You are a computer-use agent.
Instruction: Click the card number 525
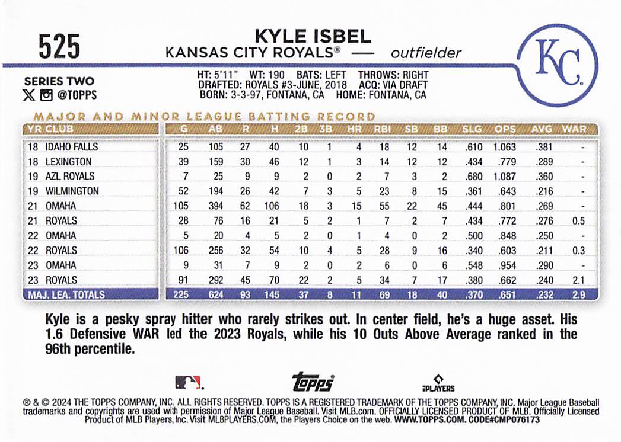click(x=59, y=46)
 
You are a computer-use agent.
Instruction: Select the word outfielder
click(x=426, y=53)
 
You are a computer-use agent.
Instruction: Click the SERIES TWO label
click(x=59, y=82)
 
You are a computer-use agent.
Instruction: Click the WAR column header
click(x=574, y=129)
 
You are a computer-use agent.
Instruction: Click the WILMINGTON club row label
click(x=72, y=191)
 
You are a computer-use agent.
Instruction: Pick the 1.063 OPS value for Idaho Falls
click(x=504, y=147)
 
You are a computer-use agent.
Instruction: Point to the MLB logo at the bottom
click(x=188, y=382)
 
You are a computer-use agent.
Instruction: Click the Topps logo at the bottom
click(x=313, y=383)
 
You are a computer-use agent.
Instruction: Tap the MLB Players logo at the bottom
click(x=438, y=383)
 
